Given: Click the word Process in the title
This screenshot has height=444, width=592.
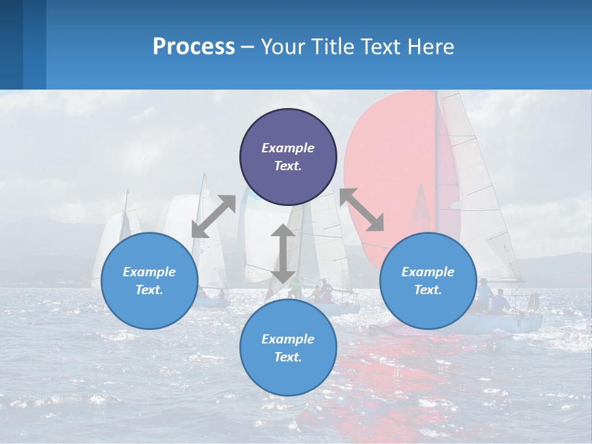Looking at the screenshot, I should [x=194, y=47].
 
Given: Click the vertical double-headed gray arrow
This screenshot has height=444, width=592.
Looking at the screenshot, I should [x=282, y=253].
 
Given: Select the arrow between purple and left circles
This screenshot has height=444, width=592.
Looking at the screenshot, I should [x=213, y=216].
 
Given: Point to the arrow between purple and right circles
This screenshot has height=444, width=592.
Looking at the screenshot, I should [x=362, y=209].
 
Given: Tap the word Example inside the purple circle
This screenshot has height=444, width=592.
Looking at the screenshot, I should [x=288, y=148].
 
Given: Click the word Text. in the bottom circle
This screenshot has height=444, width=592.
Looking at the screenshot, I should [x=288, y=357].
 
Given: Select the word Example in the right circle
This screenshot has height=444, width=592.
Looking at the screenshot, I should [x=428, y=272].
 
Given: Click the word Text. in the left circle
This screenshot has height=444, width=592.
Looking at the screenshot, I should [x=149, y=290].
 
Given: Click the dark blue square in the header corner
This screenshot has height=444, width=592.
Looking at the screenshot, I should [x=11, y=44].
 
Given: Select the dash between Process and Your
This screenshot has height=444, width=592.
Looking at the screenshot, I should [x=247, y=47].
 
